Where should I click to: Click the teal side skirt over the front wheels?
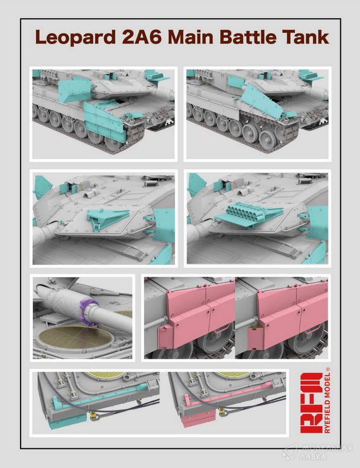pyautogui.click(x=104, y=119)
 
